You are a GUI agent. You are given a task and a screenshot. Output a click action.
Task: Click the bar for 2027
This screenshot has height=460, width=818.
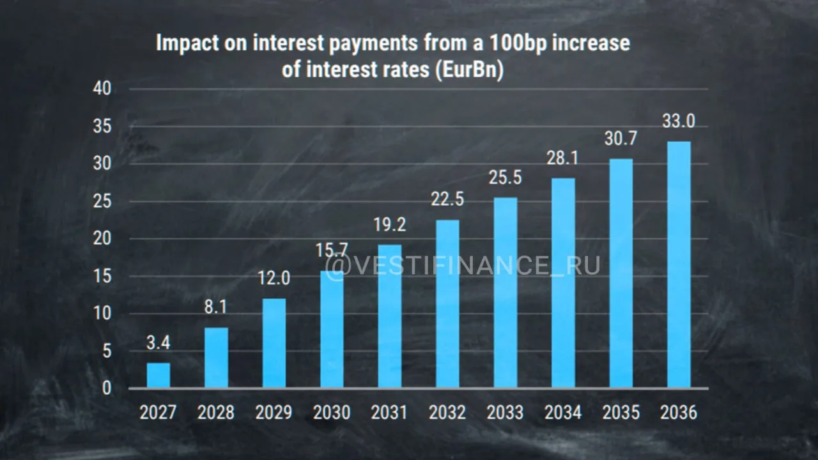click(x=158, y=375)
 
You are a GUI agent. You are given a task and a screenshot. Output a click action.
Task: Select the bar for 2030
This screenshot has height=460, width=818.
click(x=332, y=329)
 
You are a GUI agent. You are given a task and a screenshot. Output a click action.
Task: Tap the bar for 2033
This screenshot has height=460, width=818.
click(x=505, y=293)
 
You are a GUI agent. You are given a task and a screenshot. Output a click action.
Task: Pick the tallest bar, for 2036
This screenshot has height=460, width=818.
click(x=679, y=264)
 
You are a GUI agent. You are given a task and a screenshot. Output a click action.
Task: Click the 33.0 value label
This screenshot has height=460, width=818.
click(x=679, y=121)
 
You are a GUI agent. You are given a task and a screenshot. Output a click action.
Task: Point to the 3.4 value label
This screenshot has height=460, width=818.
click(x=158, y=343)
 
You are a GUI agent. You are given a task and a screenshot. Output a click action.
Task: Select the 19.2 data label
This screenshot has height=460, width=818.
click(x=390, y=224)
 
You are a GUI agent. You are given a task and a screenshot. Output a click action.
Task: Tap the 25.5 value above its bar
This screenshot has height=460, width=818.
click(x=505, y=178)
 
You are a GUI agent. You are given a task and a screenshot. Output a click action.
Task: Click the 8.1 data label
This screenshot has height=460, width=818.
click(x=215, y=307)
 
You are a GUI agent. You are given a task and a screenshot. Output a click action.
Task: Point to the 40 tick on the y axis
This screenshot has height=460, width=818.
click(x=102, y=88)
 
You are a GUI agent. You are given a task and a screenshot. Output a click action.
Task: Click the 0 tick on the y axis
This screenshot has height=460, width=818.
click(x=107, y=388)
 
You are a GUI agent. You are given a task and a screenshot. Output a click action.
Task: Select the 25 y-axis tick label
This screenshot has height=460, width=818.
click(x=102, y=201)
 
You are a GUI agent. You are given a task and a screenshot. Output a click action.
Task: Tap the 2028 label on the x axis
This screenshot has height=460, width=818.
click(x=216, y=413)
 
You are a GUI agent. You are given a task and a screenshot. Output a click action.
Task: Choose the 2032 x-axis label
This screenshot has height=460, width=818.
click(x=447, y=413)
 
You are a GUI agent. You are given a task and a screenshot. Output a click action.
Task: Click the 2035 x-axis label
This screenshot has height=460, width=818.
click(x=621, y=413)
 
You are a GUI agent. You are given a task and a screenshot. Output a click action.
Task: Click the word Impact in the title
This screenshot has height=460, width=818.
click(x=187, y=43)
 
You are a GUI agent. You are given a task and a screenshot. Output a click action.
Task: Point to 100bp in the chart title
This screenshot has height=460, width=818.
click(x=518, y=43)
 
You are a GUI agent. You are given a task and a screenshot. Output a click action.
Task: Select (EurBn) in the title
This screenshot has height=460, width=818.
click(x=469, y=70)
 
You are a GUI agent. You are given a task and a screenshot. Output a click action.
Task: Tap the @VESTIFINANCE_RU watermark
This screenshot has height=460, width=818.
click(x=463, y=265)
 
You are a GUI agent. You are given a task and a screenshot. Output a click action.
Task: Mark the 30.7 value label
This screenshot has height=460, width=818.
click(x=621, y=139)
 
